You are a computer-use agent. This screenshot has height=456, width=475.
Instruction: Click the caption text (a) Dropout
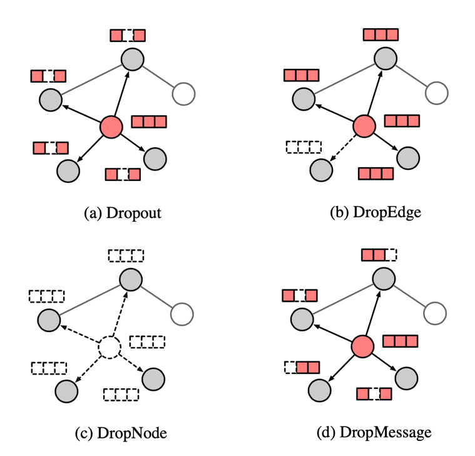(x=123, y=212)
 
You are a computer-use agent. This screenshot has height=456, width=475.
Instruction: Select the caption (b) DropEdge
(x=375, y=212)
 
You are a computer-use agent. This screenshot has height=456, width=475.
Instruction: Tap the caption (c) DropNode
(x=121, y=432)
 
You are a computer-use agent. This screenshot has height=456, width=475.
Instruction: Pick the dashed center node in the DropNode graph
(x=110, y=346)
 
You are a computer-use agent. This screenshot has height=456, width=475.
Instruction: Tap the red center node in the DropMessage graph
(x=362, y=346)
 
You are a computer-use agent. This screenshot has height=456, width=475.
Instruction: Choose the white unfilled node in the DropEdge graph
(x=437, y=93)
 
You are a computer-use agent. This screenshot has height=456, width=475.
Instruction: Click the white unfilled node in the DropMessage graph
(x=436, y=313)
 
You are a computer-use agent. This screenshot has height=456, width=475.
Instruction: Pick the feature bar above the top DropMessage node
(x=379, y=255)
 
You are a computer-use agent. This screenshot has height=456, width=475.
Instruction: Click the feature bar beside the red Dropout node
(x=148, y=122)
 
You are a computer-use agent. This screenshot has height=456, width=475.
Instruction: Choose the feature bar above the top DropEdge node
(x=381, y=34)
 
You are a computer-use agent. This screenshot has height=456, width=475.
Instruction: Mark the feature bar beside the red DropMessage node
(x=400, y=341)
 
